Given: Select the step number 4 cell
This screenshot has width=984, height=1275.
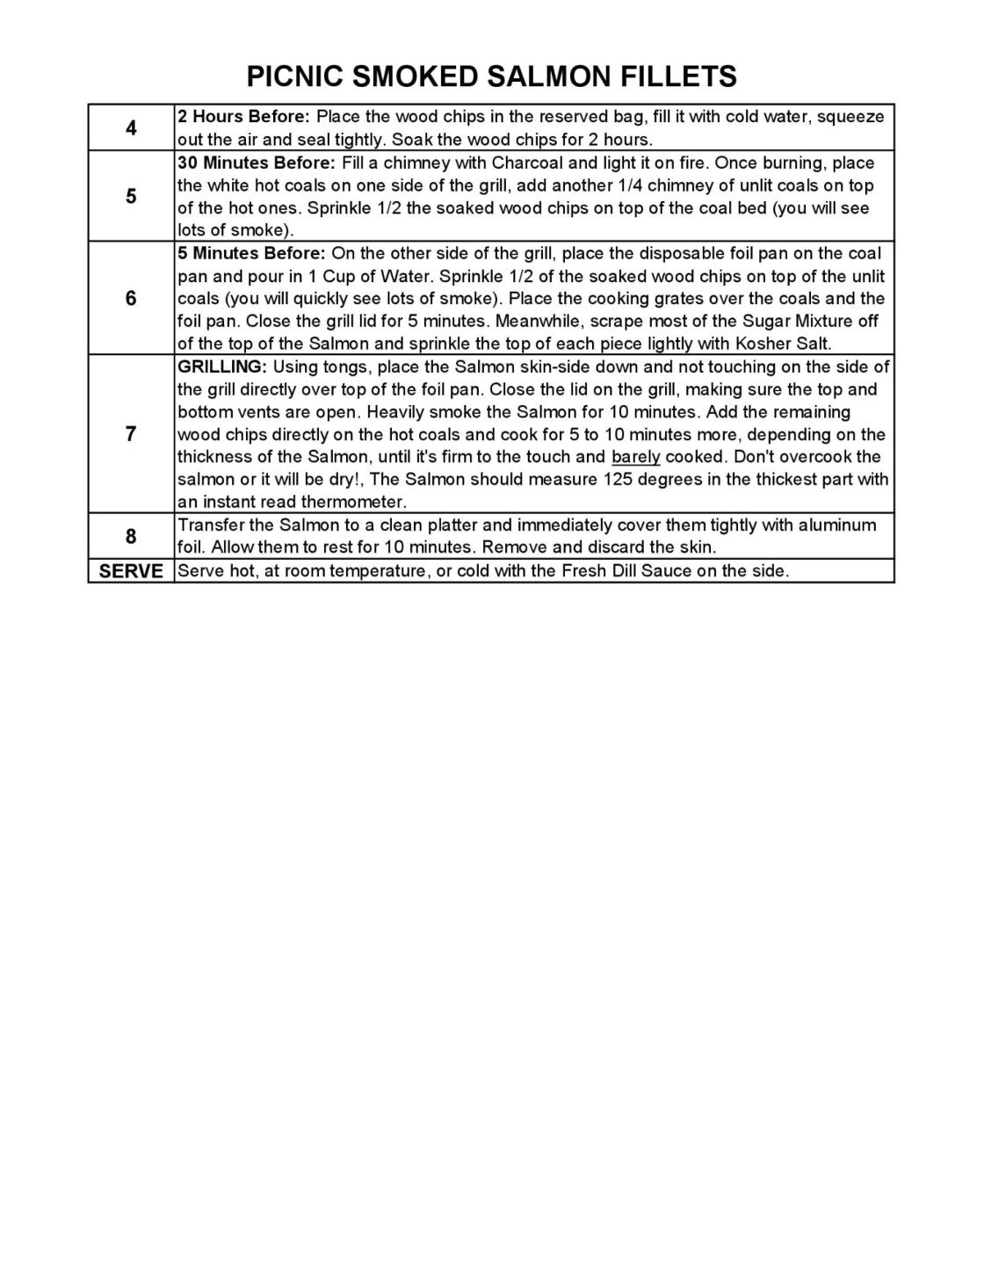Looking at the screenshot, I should (x=131, y=128).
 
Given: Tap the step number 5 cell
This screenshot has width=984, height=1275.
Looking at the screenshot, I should (x=131, y=196).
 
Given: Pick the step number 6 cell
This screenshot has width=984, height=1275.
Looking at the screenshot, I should (x=131, y=299).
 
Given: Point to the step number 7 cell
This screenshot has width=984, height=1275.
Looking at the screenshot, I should (x=131, y=434).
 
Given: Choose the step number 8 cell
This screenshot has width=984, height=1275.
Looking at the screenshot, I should (x=131, y=536).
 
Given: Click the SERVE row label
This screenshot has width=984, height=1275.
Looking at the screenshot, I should (x=131, y=571).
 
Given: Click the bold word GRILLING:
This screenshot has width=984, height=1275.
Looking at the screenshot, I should (x=222, y=366).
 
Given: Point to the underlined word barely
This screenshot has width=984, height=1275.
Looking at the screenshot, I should (x=635, y=457).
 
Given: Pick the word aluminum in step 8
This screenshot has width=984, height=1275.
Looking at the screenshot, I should (x=837, y=525).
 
